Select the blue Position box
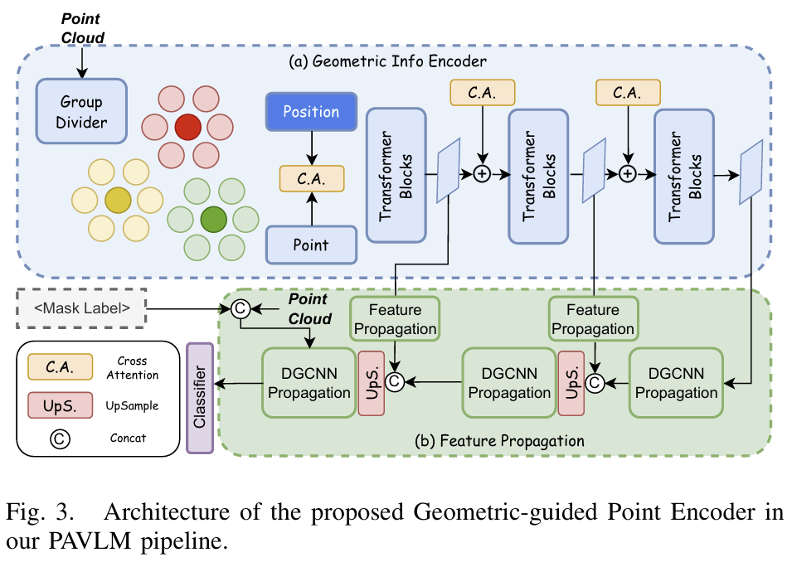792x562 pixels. tap(311, 112)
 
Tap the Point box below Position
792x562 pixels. tap(311, 245)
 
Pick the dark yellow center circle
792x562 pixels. tap(118, 200)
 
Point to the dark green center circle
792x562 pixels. tap(213, 219)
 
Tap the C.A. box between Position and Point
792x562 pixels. tap(311, 177)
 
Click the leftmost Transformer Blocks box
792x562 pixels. tap(396, 175)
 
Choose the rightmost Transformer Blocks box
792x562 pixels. tap(683, 175)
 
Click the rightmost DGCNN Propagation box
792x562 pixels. tap(676, 383)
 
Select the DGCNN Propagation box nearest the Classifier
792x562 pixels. tap(309, 383)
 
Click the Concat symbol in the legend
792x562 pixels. tap(60, 438)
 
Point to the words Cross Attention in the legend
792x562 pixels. tap(127, 368)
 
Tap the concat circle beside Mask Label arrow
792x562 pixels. tap(240, 309)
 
